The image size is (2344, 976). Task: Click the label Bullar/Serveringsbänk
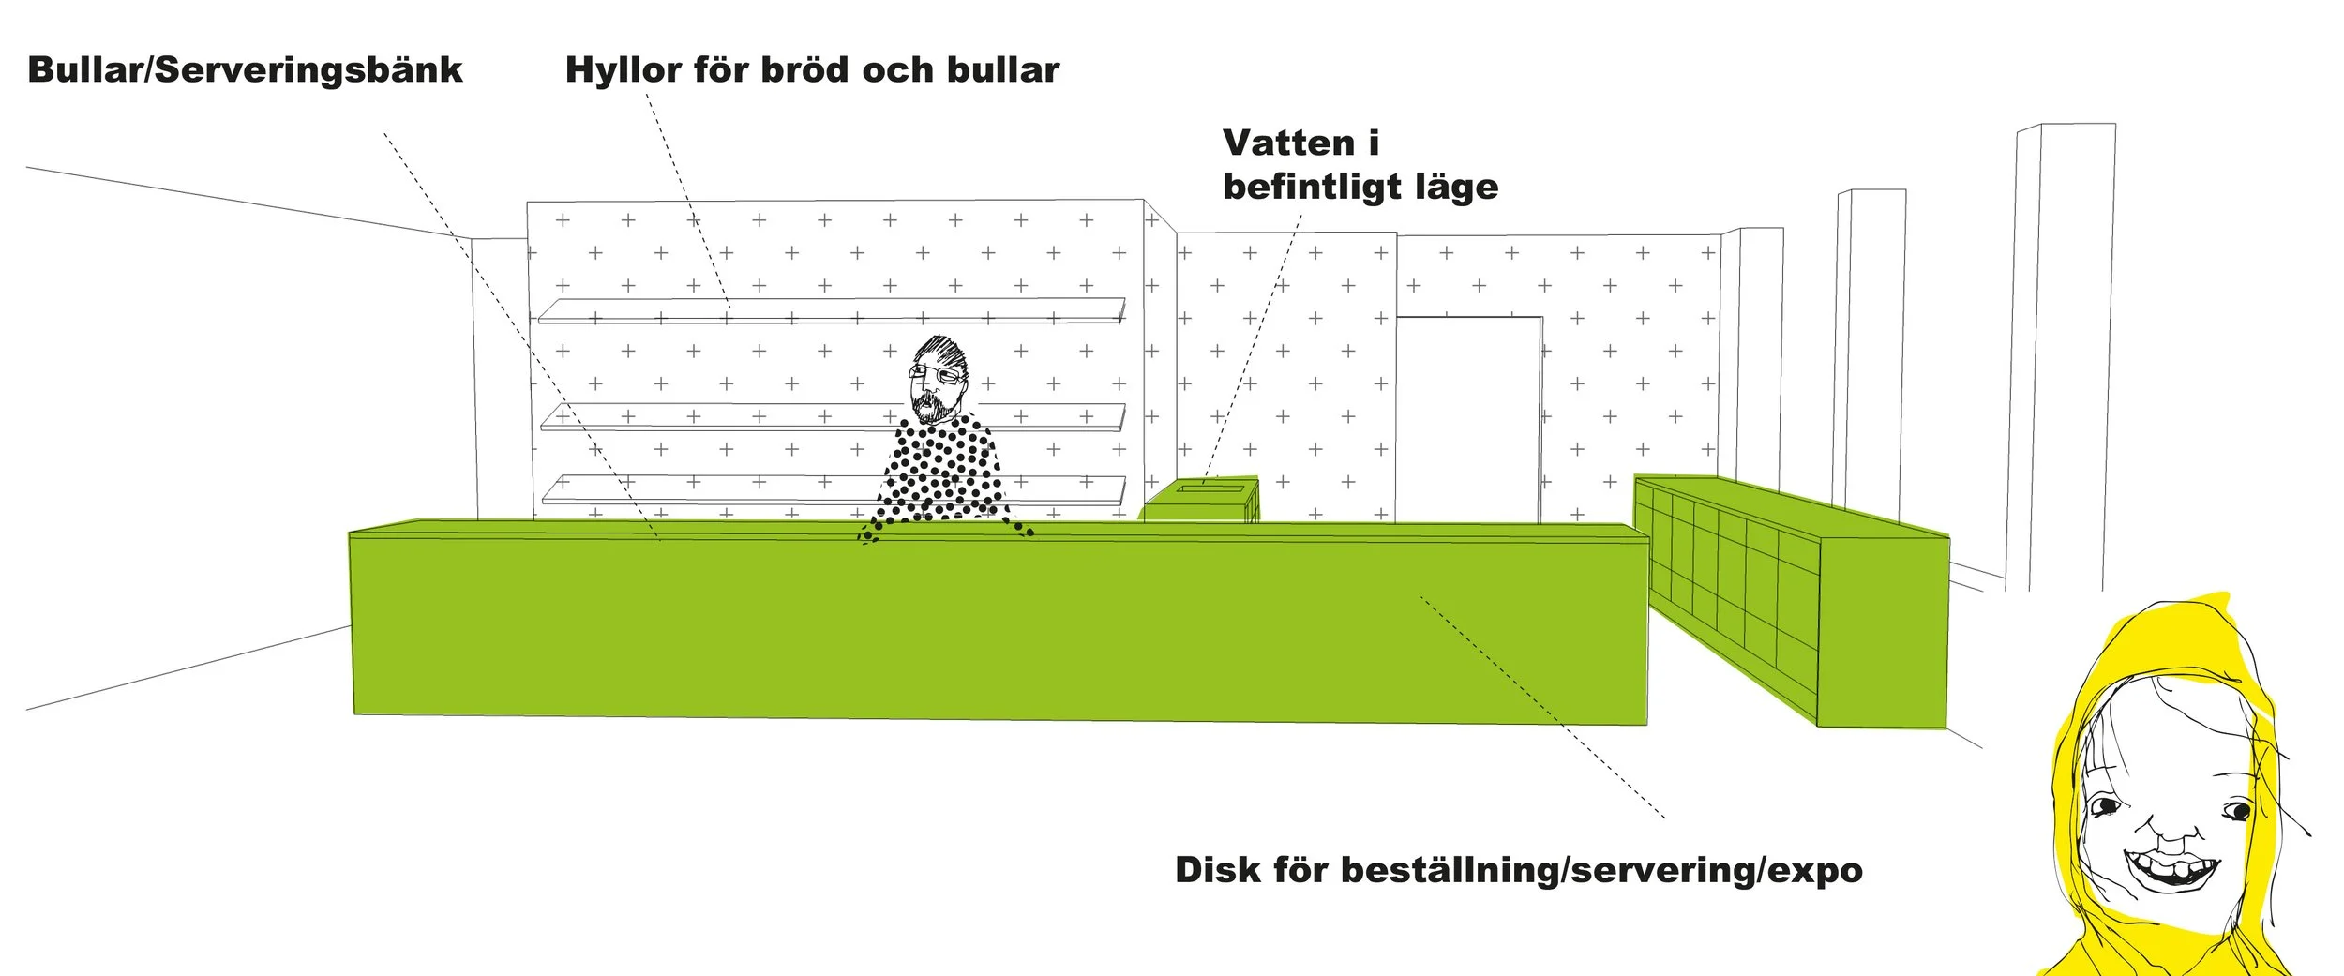245,70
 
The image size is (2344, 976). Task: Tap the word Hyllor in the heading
624,70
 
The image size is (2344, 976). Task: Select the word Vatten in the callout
1288,143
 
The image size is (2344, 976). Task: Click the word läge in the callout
1456,187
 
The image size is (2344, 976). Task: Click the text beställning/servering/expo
1601,871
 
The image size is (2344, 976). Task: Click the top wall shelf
831,309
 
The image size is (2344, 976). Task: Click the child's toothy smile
2173,871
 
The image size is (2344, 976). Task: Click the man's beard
929,406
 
